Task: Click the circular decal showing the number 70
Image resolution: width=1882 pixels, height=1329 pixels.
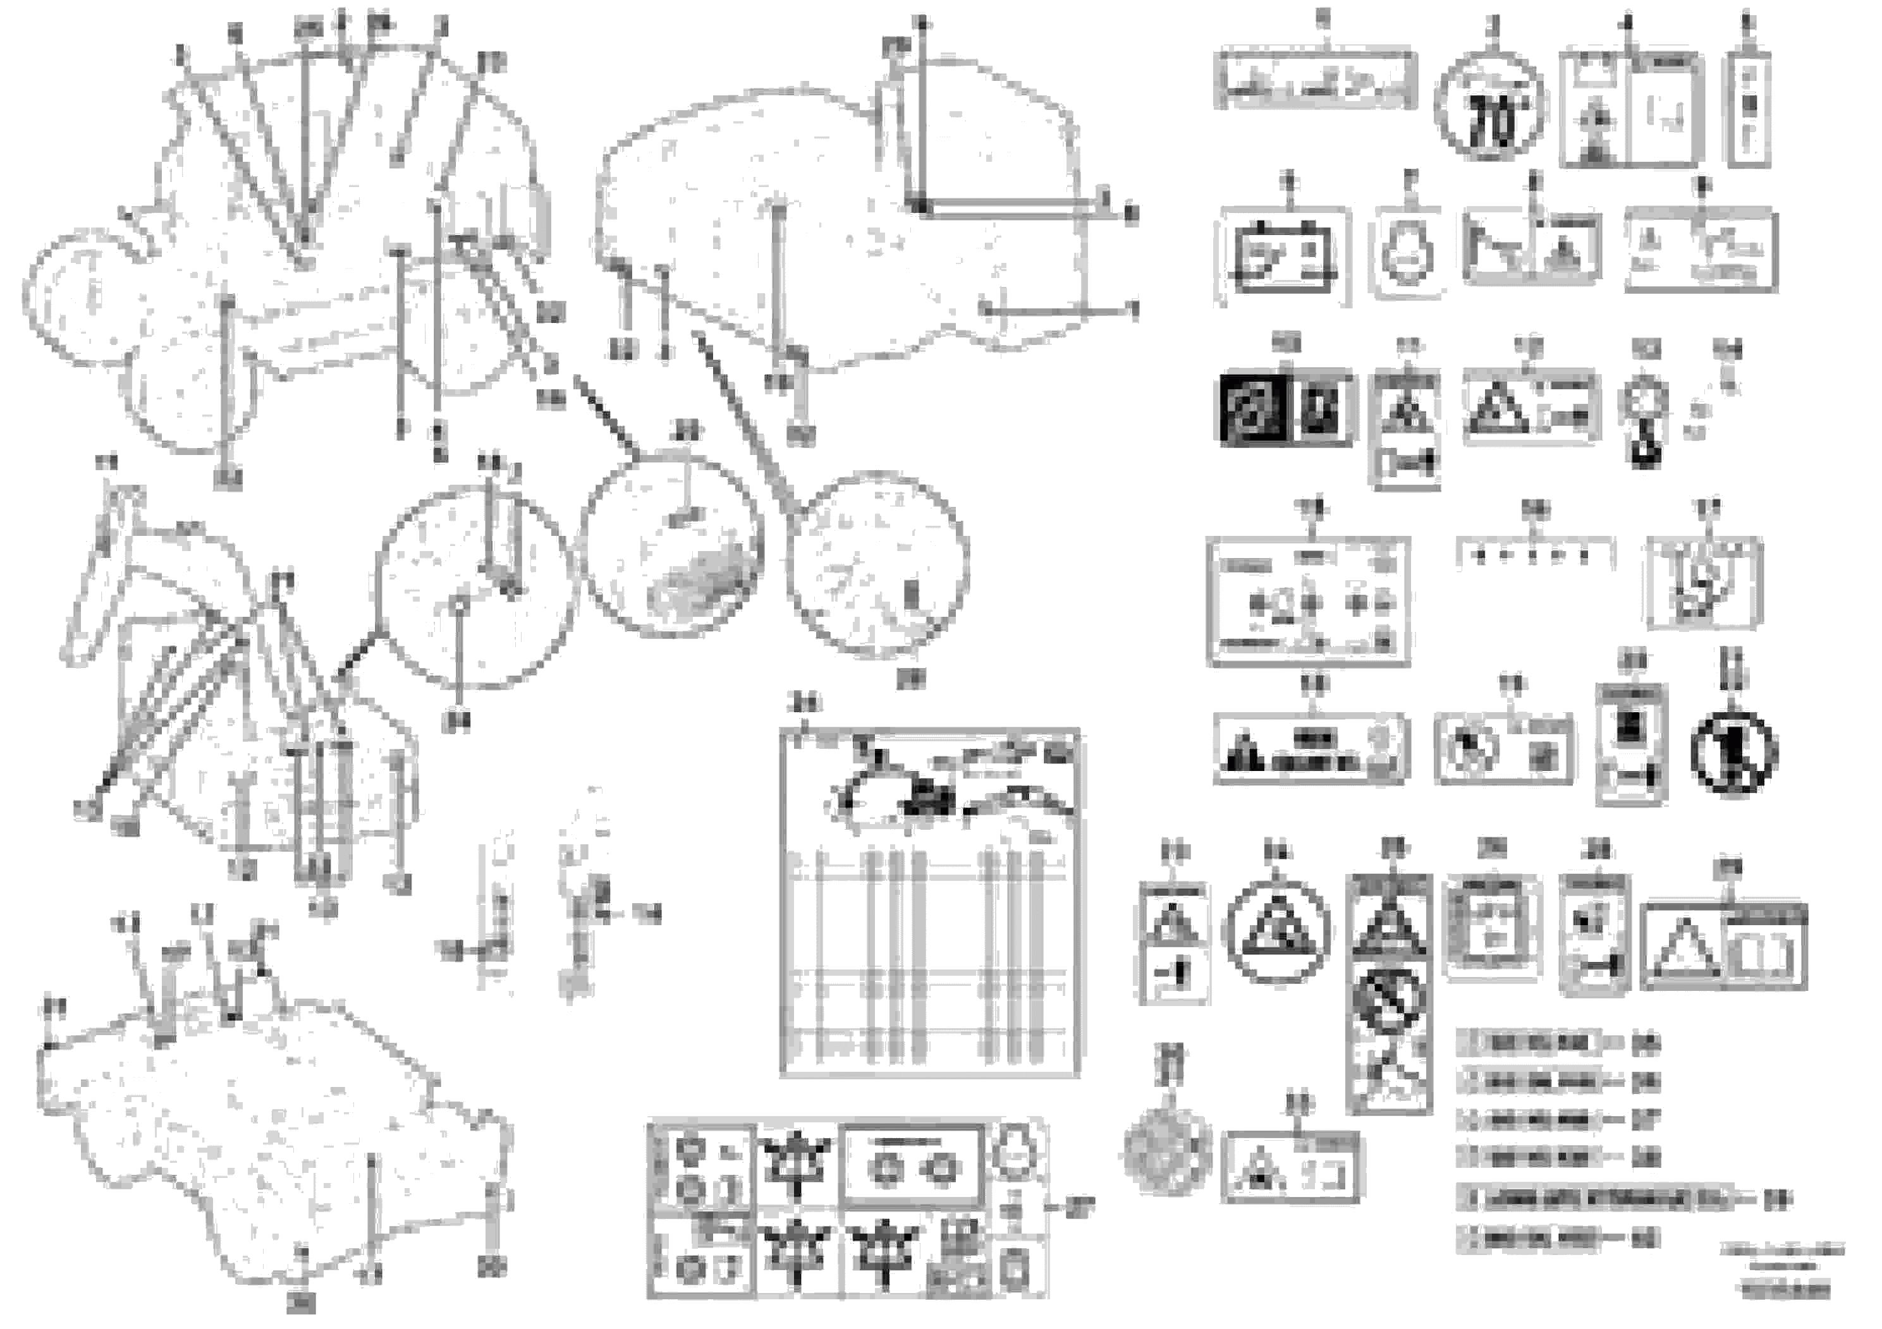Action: (1490, 107)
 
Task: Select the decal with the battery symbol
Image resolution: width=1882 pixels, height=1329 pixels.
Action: (1283, 257)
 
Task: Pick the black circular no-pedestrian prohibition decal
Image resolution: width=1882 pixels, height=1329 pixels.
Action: (1733, 752)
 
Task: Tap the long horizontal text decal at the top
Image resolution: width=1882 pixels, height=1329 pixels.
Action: (1315, 80)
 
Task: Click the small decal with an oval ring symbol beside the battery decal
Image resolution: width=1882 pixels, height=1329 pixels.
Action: (1409, 254)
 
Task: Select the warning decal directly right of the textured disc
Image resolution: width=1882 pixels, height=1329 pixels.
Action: (1290, 1167)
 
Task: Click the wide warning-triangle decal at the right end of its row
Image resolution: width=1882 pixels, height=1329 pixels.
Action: (1724, 947)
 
